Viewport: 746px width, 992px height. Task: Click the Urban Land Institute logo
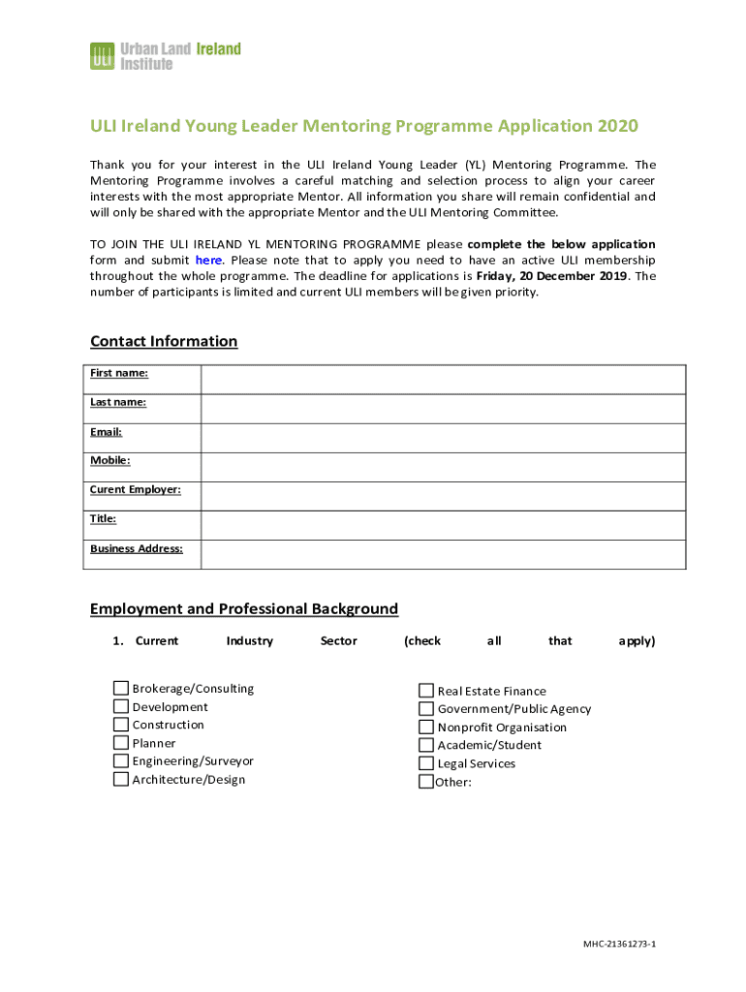click(165, 55)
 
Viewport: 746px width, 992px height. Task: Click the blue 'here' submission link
click(208, 260)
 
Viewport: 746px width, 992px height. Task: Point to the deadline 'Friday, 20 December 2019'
click(551, 276)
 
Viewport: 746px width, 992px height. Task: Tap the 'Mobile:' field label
click(109, 460)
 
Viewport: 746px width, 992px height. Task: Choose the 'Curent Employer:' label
click(135, 489)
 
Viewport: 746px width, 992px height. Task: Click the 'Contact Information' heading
click(163, 341)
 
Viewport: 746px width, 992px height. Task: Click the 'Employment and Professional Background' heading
click(243, 608)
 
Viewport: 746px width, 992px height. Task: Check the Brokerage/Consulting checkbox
click(121, 689)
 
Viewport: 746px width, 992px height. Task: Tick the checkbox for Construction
click(121, 725)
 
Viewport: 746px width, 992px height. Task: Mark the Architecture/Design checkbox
click(121, 779)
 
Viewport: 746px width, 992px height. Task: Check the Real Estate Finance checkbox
click(426, 691)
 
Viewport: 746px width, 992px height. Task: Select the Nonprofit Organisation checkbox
click(426, 727)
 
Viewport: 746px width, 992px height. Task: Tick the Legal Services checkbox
click(426, 763)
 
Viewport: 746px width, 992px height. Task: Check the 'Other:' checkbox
click(426, 781)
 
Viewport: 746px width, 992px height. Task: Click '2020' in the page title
click(618, 126)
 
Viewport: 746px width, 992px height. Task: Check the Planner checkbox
click(121, 743)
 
